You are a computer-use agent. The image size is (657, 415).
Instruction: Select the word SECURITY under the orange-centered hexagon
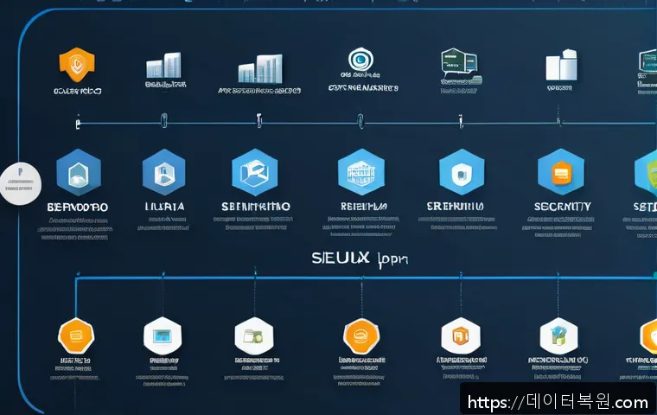(563, 207)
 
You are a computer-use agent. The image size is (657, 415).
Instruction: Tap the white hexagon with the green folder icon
(254, 335)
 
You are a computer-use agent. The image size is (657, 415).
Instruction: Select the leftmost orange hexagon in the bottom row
(75, 335)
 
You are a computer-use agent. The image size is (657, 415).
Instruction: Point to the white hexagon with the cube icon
(558, 335)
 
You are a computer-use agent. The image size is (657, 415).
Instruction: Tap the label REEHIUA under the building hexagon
(362, 207)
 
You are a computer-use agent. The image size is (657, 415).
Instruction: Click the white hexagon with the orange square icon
(459, 335)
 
